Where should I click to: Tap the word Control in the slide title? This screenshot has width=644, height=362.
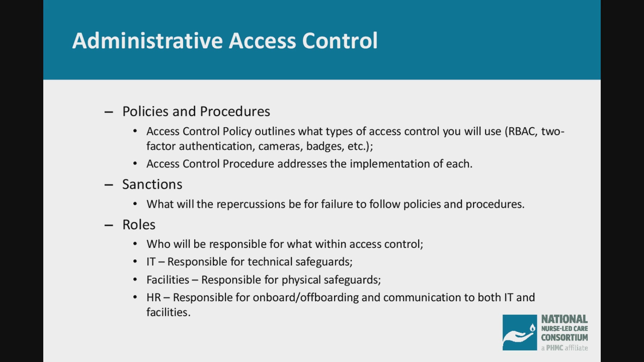(340, 41)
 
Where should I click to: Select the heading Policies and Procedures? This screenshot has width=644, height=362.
(196, 112)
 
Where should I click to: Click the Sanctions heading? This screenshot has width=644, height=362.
(152, 184)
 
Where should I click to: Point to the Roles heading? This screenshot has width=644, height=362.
(139, 225)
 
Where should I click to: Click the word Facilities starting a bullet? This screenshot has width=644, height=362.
(168, 280)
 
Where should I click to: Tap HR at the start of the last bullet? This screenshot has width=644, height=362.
(153, 298)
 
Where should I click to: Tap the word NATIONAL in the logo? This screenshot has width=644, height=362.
(564, 319)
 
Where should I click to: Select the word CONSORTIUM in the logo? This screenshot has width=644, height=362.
(564, 337)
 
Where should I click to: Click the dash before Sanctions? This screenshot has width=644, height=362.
(109, 185)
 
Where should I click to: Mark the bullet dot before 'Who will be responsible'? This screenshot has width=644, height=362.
(135, 244)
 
